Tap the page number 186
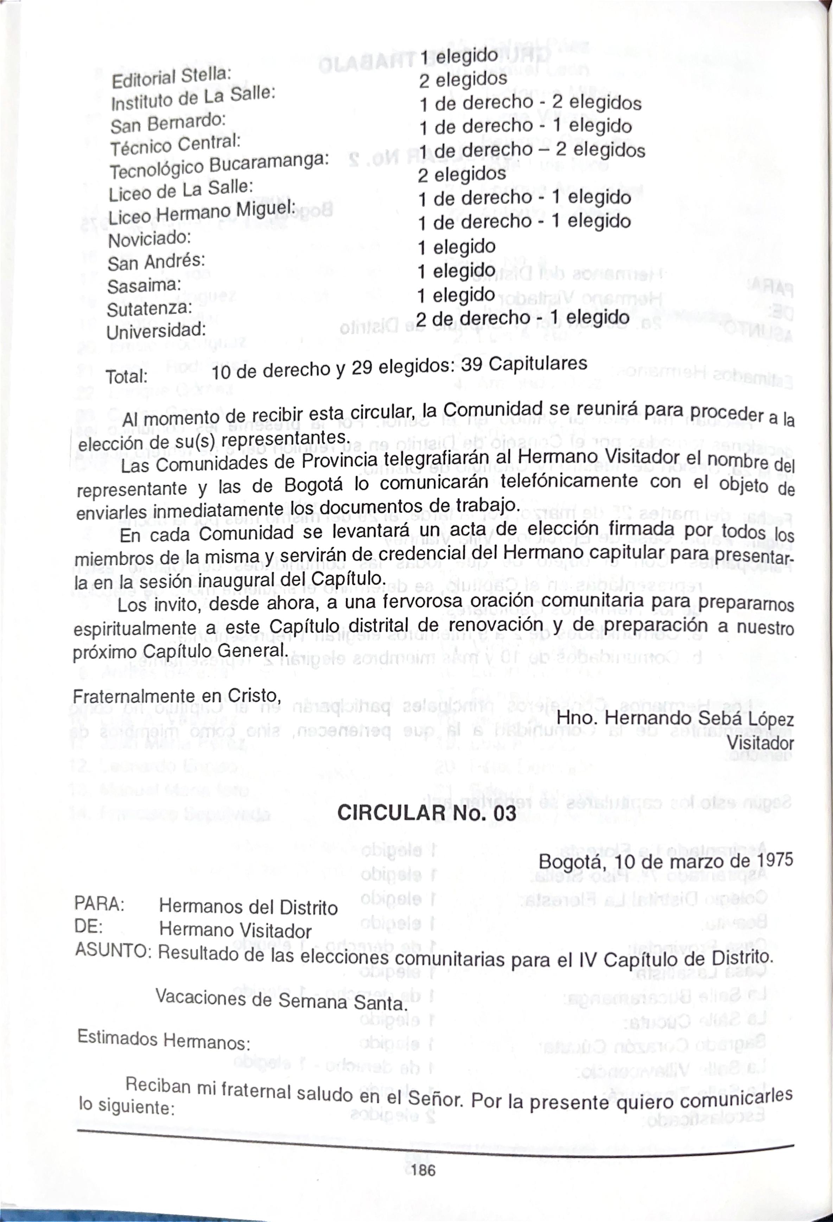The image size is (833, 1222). click(423, 1185)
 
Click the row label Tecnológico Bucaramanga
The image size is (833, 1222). click(218, 164)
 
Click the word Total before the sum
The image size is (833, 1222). click(126, 377)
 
